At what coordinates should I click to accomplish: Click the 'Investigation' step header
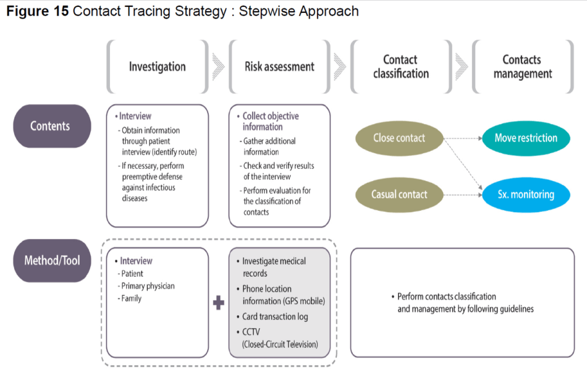tap(157, 67)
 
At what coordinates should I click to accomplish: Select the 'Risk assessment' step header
tap(279, 67)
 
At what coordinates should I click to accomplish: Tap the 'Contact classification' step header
tap(400, 67)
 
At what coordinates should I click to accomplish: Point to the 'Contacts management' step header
tap(522, 67)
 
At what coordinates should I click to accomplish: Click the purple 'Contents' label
tap(50, 126)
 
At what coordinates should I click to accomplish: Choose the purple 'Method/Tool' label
tap(52, 260)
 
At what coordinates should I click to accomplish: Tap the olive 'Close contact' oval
tap(399, 138)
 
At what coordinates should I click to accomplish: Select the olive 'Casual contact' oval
tap(399, 195)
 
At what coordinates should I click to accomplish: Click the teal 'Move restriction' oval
tap(526, 138)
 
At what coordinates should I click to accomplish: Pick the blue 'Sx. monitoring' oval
tap(526, 195)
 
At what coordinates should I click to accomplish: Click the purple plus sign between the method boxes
tap(219, 303)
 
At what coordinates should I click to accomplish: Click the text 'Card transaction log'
tap(274, 316)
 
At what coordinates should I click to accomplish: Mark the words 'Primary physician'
tap(148, 286)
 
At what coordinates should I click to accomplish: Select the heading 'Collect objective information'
tap(270, 121)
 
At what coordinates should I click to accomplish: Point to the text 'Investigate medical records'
tap(273, 267)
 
